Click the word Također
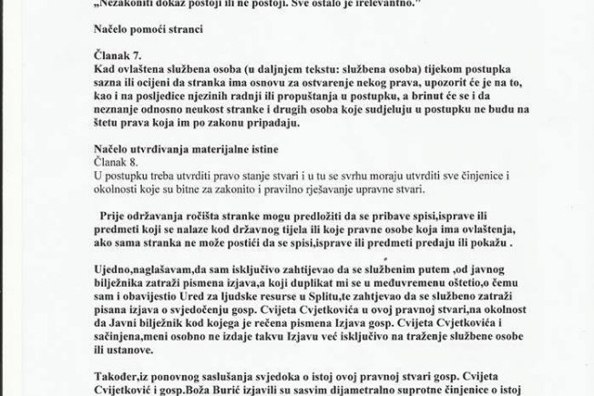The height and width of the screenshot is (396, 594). click(x=117, y=374)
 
